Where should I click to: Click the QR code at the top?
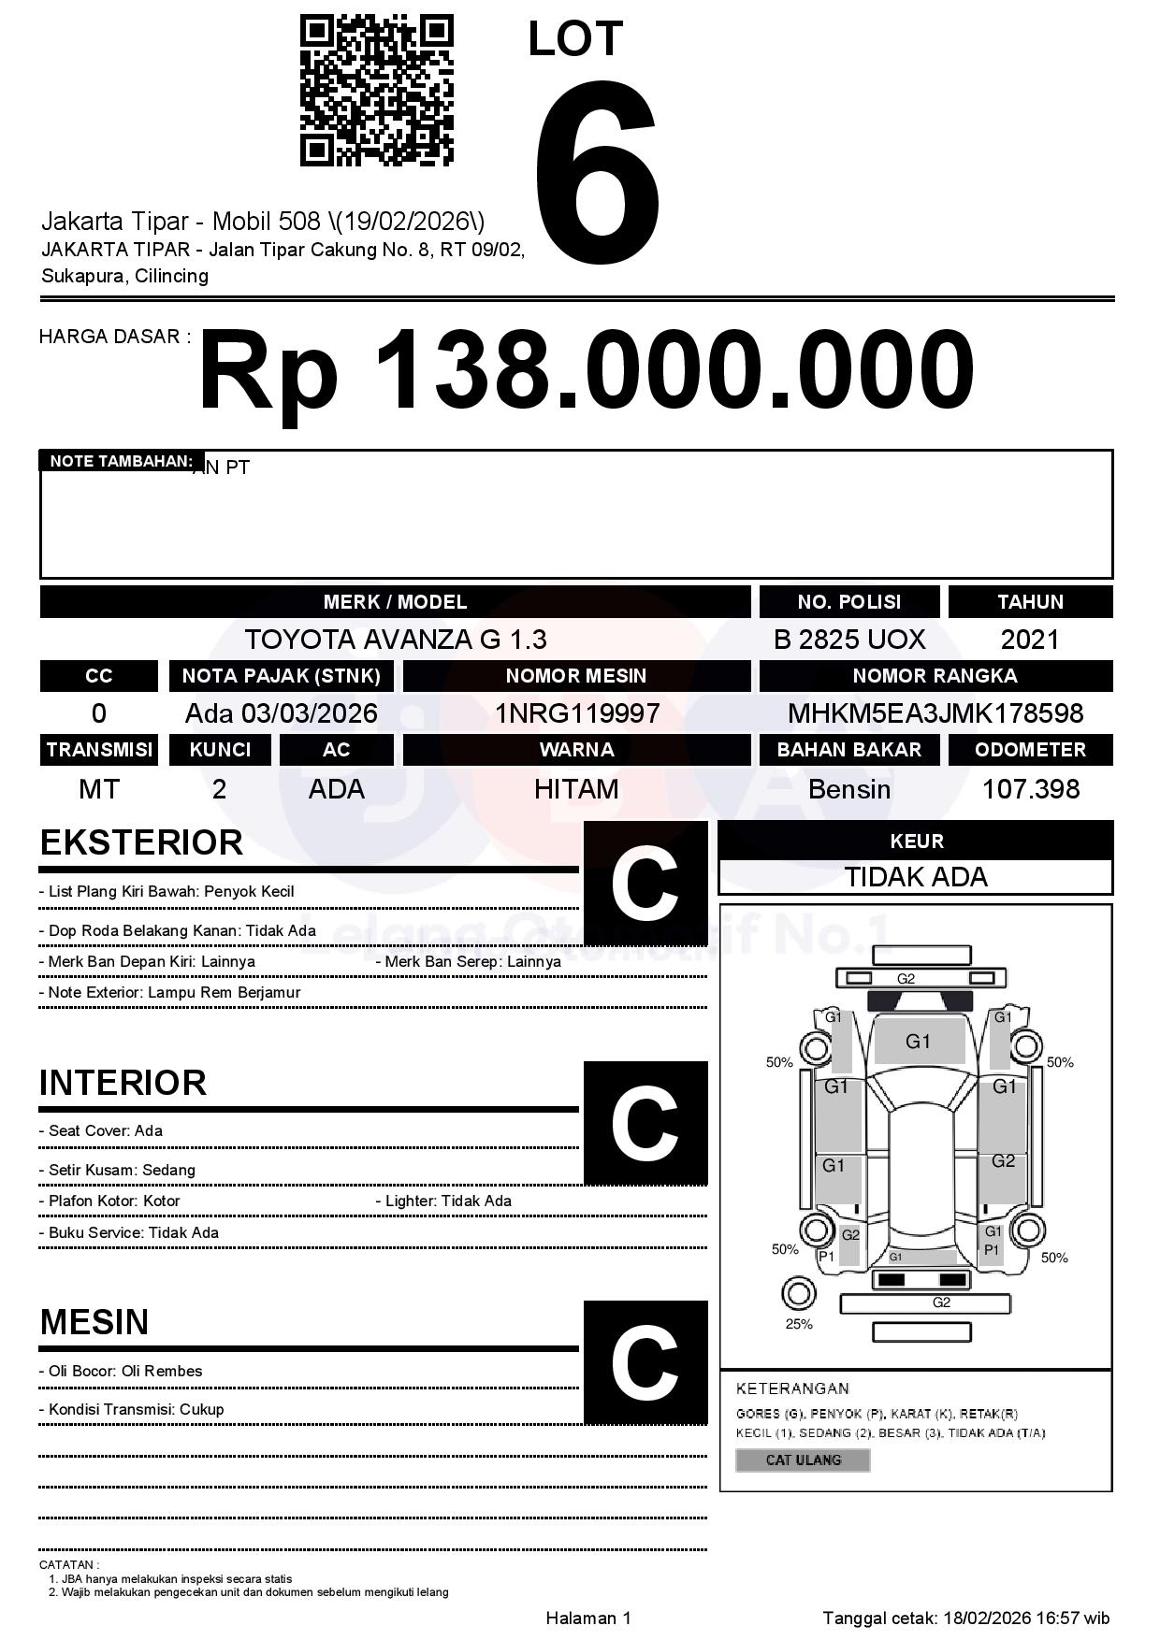point(376,91)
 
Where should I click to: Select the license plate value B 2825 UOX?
point(848,640)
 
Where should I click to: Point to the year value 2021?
point(1030,640)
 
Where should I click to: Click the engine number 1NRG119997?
point(576,713)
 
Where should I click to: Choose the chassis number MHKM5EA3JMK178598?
point(935,713)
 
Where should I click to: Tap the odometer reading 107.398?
point(1030,789)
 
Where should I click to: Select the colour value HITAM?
point(576,789)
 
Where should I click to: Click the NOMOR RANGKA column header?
point(935,676)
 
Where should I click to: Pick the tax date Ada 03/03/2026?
point(281,713)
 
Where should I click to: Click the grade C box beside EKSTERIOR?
point(645,884)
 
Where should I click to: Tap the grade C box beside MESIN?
point(645,1362)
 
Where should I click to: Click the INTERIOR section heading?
point(123,1083)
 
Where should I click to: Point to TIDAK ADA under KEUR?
point(916,877)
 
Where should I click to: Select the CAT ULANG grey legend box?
point(803,1460)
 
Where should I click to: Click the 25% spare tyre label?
point(799,1324)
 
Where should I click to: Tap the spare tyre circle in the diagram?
point(798,1294)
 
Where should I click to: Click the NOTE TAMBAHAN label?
point(121,461)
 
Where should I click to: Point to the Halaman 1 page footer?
point(588,1618)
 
